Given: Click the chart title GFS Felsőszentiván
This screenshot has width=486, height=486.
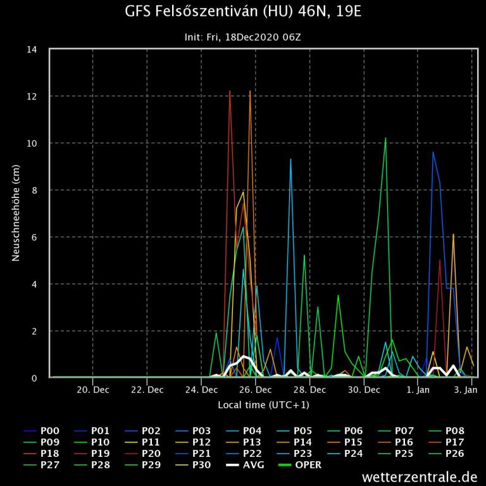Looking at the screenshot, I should tap(242, 12).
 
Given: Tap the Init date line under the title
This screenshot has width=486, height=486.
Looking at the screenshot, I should tap(242, 37).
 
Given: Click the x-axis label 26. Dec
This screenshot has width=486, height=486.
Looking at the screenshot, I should tap(256, 390).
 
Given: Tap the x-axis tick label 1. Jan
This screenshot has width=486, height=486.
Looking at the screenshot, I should tap(418, 390).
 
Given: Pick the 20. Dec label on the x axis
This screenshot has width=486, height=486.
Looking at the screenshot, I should tap(93, 390).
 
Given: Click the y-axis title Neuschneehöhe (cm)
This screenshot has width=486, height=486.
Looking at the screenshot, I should tap(16, 213).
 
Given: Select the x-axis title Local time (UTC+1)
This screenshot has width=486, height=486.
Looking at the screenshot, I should tap(263, 404).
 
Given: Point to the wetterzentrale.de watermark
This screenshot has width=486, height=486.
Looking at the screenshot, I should tap(420, 476).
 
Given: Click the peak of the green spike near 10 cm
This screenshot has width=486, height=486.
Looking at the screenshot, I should tap(385, 138).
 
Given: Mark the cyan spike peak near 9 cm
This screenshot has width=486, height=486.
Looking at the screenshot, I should tap(290, 159).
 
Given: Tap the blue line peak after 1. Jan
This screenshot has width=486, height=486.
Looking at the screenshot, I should tap(433, 153).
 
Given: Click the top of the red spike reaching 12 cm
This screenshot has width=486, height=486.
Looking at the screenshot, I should tap(230, 92).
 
